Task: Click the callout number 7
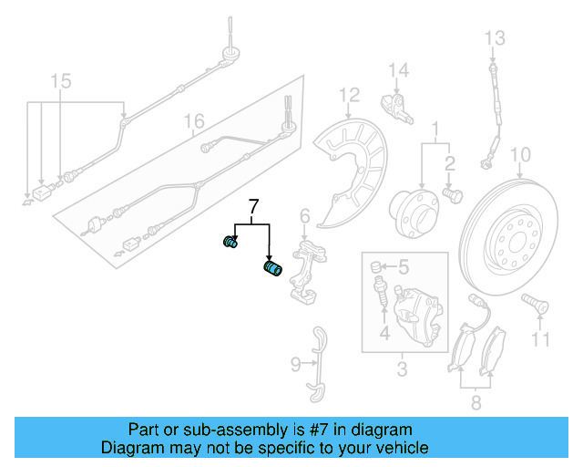tap(254, 205)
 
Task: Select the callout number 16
tap(193, 121)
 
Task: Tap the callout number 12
tap(350, 95)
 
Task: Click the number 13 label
tap(493, 38)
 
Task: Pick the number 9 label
tap(295, 365)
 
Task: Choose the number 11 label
tap(541, 340)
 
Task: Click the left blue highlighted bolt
tap(230, 242)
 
